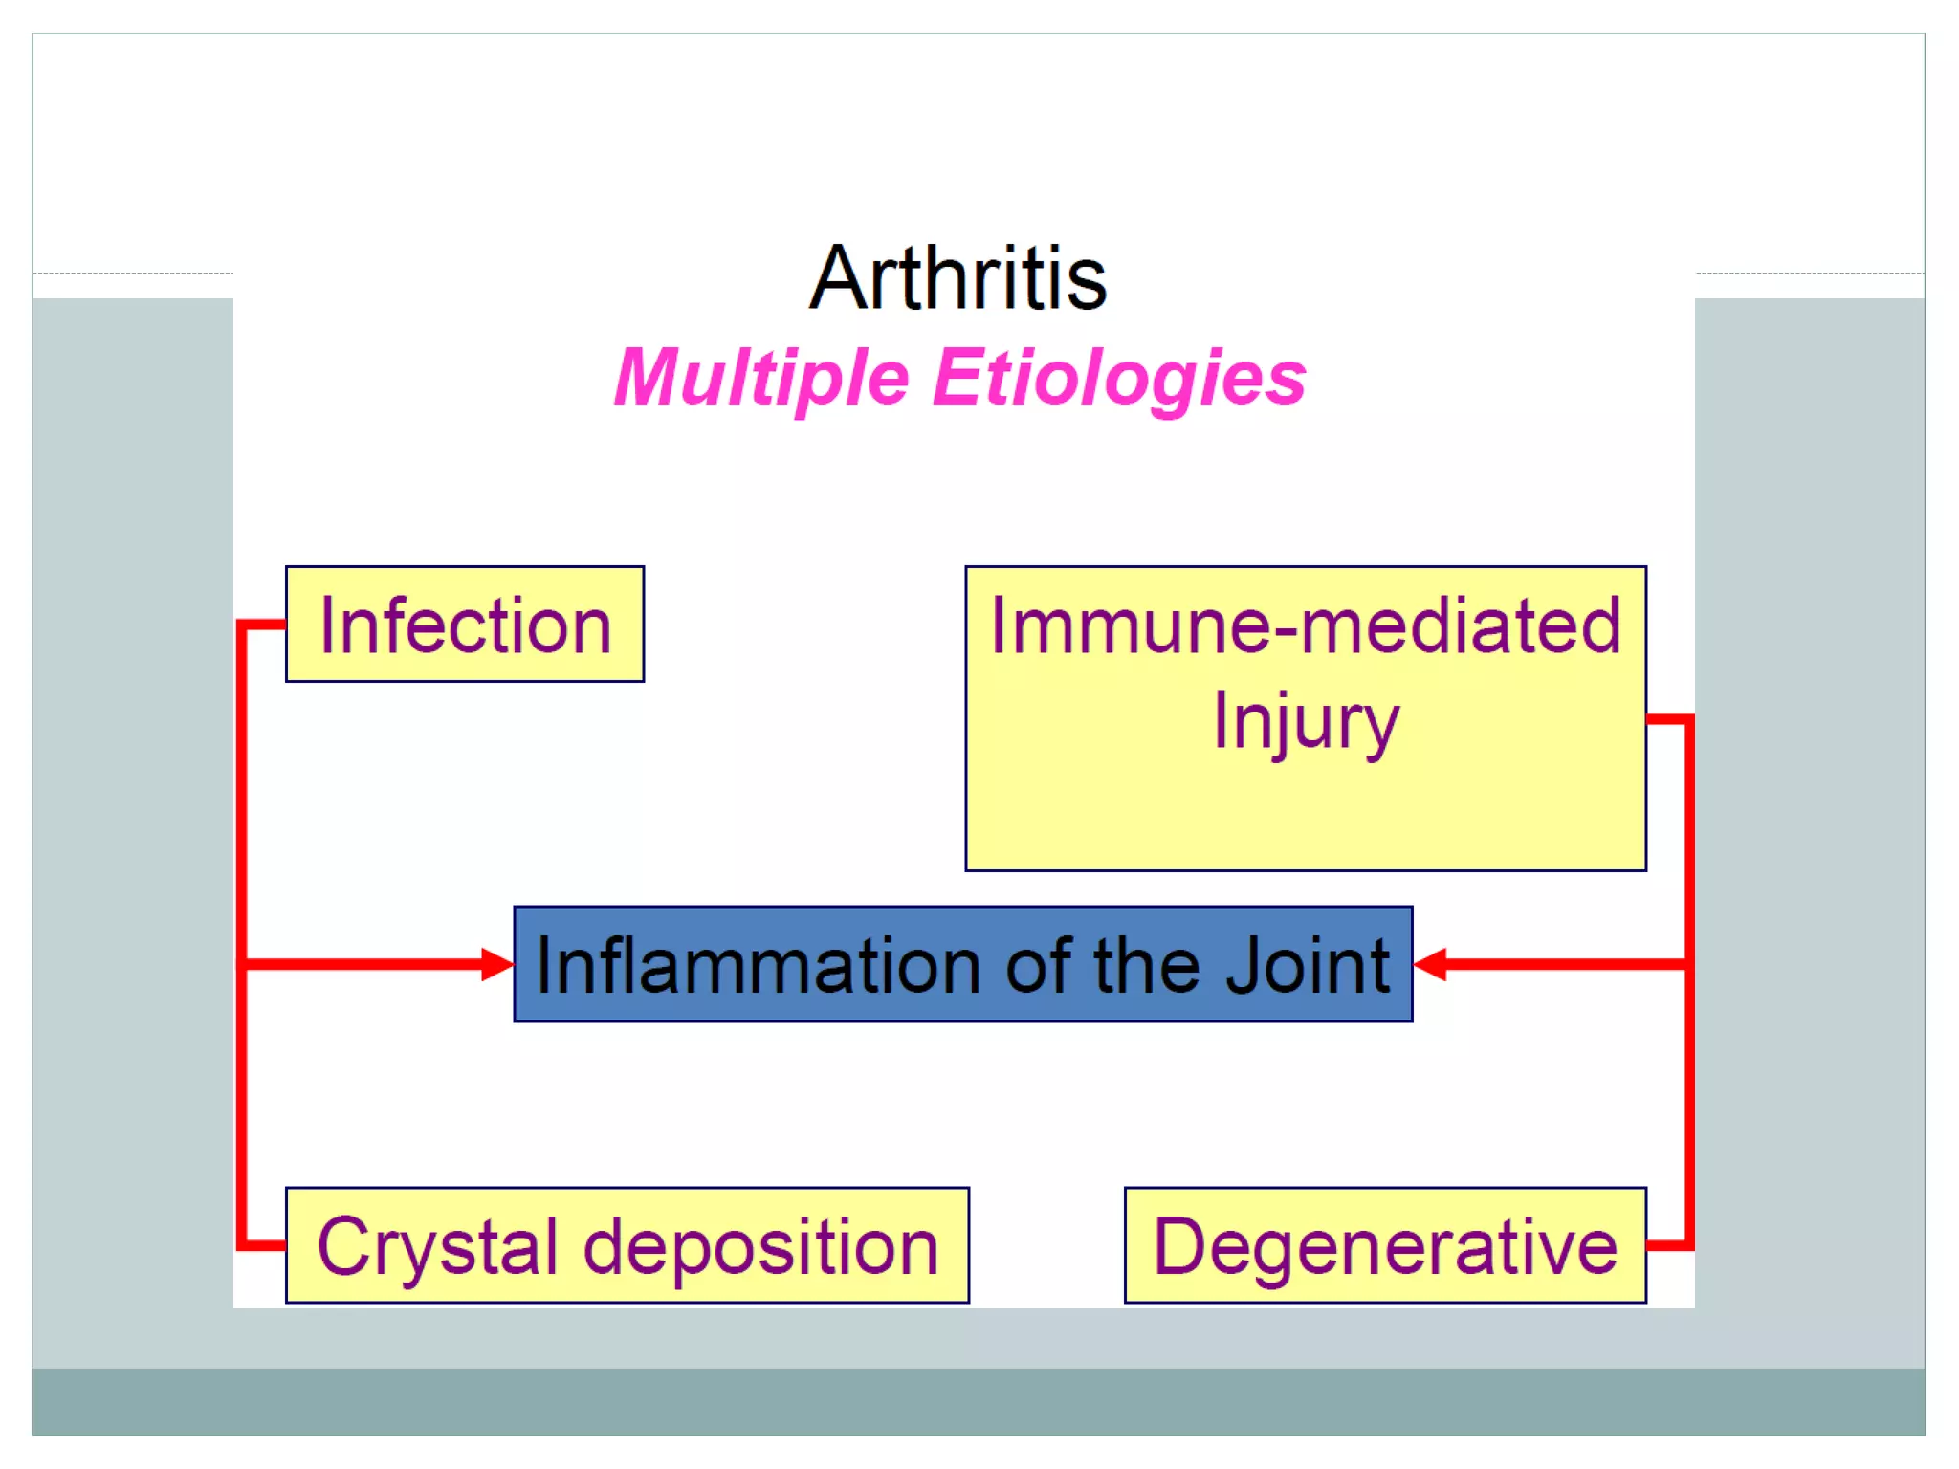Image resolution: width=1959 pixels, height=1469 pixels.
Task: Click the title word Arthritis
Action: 957,278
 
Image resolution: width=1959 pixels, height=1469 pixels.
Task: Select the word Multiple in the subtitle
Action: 760,379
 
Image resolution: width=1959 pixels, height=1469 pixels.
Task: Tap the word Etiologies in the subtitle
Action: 1119,379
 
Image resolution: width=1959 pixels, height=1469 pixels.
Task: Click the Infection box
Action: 465,625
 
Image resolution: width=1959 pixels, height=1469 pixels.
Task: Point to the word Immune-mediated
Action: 1305,625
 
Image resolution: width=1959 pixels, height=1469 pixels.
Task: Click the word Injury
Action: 1305,721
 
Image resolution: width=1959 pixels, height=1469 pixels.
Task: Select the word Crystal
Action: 437,1247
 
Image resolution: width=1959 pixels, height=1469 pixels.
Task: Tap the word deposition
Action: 760,1247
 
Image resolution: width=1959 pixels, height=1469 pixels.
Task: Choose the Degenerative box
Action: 1385,1246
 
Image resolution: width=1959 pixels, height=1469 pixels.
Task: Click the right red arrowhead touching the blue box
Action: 1430,964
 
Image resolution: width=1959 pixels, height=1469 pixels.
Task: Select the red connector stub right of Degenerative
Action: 1668,1245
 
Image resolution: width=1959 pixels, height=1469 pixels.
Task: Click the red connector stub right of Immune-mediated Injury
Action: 1668,718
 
